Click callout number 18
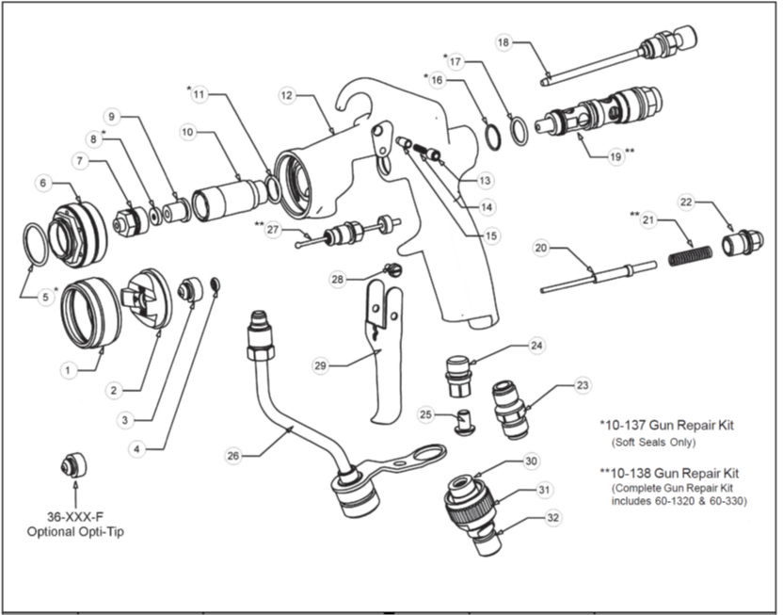(x=503, y=43)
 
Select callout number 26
(x=233, y=456)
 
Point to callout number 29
(x=320, y=364)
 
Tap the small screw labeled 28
(x=394, y=270)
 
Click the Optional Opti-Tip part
(x=72, y=464)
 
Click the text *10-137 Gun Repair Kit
(x=666, y=426)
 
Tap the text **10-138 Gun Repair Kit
(x=669, y=472)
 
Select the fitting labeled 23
(x=509, y=409)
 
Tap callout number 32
(x=552, y=518)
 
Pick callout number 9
(x=111, y=117)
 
